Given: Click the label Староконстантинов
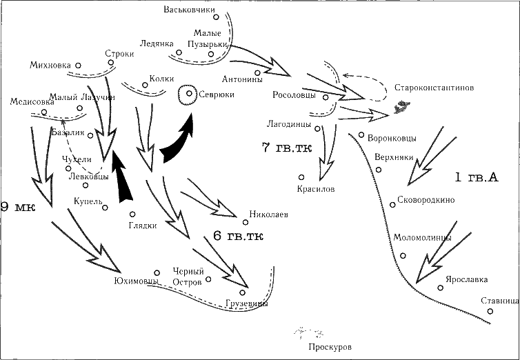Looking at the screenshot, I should pos(434,88).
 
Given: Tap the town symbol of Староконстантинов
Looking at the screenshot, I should pos(400,108).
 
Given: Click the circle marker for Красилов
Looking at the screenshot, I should pos(301,177).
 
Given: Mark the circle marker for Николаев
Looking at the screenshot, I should pos(252,222).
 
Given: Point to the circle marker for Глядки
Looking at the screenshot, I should pos(132,214).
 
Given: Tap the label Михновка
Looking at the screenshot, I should pos(50,66).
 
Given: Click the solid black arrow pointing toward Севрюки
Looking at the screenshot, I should pos(178,138).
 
